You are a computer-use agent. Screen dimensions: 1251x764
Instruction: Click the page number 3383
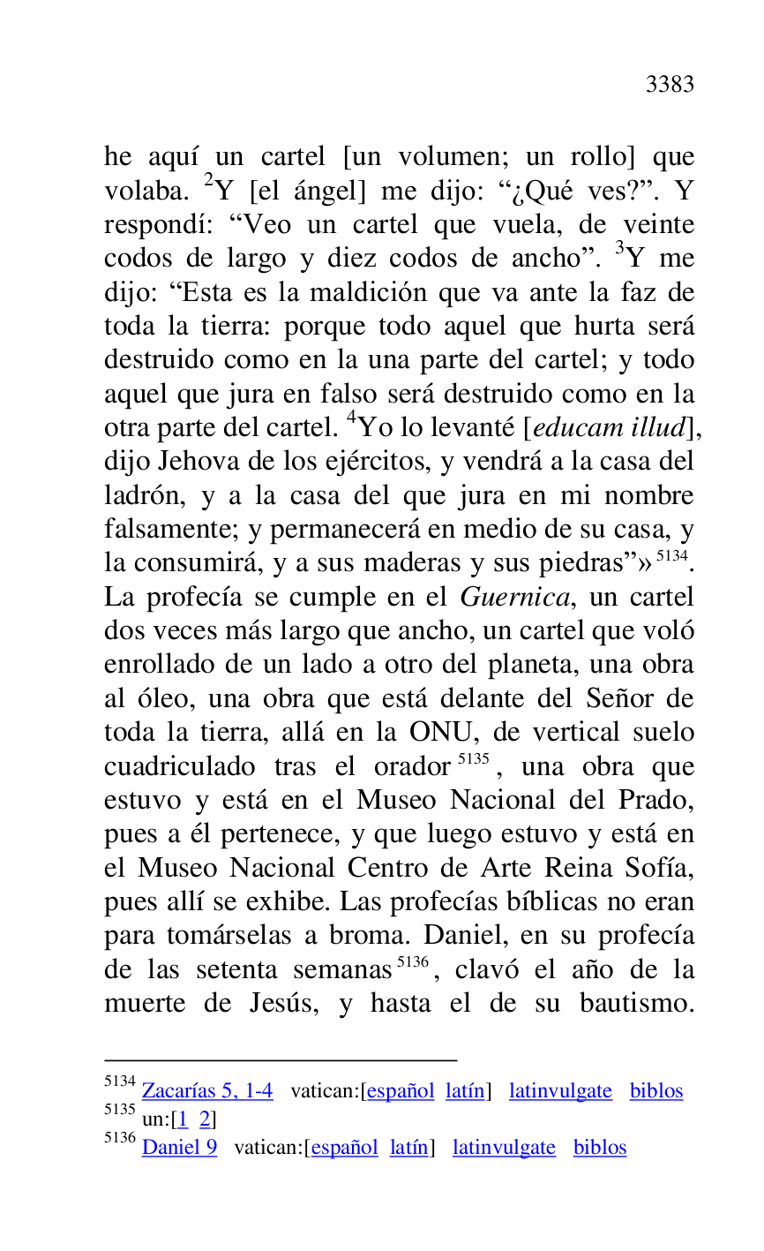click(x=670, y=85)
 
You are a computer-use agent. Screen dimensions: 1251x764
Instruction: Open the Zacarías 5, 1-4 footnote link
click(x=207, y=1091)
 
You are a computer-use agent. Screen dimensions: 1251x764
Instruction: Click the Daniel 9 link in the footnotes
click(x=179, y=1148)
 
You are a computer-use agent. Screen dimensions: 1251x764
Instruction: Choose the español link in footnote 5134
click(x=401, y=1091)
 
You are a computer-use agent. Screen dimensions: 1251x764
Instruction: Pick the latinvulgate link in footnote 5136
click(x=504, y=1148)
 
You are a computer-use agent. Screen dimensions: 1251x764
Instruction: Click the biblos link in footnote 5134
click(x=656, y=1091)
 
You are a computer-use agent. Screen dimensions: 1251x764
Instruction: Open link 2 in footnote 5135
click(x=205, y=1119)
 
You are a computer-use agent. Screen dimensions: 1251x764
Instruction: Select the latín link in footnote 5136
click(x=408, y=1148)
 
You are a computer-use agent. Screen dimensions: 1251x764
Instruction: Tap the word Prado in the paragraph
click(x=659, y=801)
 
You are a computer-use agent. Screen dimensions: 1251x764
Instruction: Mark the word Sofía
click(x=662, y=869)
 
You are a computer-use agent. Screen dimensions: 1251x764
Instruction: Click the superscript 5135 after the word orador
click(x=474, y=760)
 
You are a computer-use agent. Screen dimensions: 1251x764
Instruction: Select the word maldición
click(x=352, y=292)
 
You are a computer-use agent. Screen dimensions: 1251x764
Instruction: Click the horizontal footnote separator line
click(x=281, y=1059)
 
